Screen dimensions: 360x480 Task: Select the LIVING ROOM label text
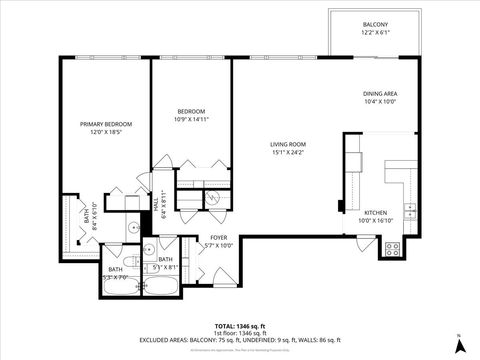pos(287,144)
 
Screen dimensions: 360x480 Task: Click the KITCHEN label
pos(375,213)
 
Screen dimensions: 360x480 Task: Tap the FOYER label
pos(218,237)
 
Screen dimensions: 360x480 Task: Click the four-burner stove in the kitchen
pos(392,247)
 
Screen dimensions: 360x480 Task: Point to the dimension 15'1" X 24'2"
pos(287,153)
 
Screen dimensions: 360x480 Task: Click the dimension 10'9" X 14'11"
pos(191,119)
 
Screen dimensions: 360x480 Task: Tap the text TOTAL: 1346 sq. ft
pos(240,326)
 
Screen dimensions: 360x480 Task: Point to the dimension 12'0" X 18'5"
pos(106,132)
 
